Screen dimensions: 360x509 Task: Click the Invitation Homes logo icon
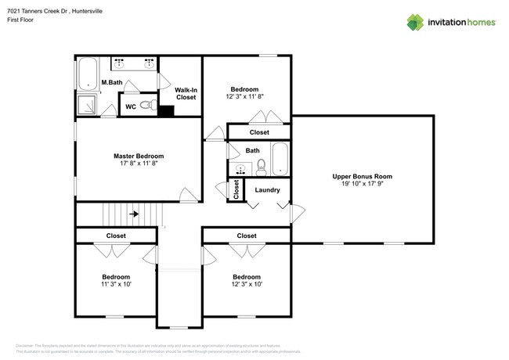[416, 22]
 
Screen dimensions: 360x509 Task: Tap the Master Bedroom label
[138, 157]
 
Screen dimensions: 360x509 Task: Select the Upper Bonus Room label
[362, 177]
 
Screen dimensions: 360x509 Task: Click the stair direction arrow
[135, 213]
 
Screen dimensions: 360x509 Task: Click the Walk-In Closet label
[186, 94]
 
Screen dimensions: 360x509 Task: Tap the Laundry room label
[267, 189]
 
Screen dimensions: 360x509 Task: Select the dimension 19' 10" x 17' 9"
[362, 185]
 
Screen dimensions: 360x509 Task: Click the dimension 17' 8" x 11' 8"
[138, 165]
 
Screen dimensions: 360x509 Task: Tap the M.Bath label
[111, 83]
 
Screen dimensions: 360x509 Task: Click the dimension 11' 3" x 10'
[116, 286]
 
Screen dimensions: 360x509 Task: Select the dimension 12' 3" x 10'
[246, 286]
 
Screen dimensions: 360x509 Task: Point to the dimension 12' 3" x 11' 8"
[245, 98]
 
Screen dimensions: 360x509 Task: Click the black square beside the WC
[165, 111]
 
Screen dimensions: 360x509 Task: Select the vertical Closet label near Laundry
[236, 189]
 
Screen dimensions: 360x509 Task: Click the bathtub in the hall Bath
[280, 160]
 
